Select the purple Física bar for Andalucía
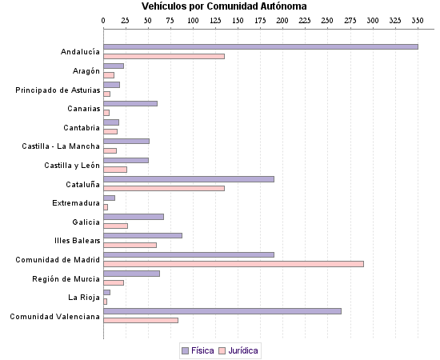(261, 46)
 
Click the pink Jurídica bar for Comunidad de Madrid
(234, 264)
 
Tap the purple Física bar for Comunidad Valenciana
(222, 311)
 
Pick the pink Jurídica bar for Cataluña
(164, 188)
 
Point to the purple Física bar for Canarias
(130, 103)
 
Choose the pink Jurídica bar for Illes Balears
(130, 245)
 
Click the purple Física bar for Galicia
(134, 217)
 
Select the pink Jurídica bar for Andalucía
(164, 56)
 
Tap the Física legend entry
(198, 350)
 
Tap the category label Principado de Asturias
(58, 90)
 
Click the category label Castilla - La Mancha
(62, 146)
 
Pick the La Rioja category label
(84, 298)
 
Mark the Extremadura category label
(76, 203)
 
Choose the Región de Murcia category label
(66, 278)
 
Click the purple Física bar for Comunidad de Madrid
(189, 254)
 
